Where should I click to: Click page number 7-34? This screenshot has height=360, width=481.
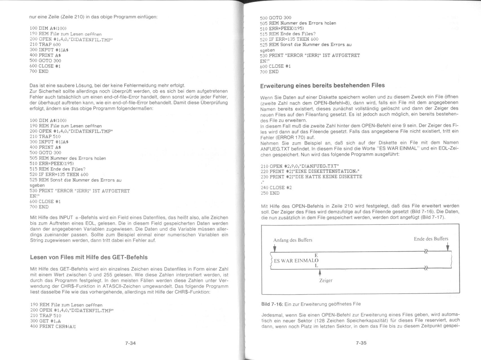pos(130,343)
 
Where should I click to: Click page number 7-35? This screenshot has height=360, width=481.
pos(361,343)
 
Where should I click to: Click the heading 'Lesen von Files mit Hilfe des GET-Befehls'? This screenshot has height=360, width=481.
pos(89,257)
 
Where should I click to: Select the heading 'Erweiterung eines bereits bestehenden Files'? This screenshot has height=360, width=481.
pos(322,85)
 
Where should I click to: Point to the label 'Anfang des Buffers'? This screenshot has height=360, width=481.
pos(293,240)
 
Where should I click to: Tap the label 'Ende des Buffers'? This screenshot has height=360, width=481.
pos(431,239)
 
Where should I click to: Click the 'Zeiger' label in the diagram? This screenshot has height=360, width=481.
pos(326,280)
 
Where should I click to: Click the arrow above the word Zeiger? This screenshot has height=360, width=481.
pos(320,272)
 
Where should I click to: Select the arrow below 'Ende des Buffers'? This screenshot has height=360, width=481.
pos(447,247)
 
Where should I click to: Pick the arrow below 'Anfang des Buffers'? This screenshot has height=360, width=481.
pos(274,248)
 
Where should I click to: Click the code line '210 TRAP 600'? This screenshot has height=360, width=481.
pos(45,44)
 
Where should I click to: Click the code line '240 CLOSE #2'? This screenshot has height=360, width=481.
pos(276,187)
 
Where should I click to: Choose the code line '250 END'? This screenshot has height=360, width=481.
pos(270,193)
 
